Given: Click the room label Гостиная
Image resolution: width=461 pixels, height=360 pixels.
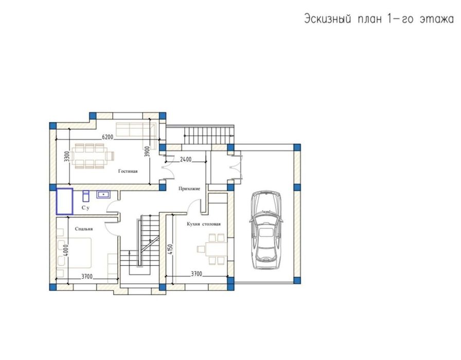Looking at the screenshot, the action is (x=128, y=171).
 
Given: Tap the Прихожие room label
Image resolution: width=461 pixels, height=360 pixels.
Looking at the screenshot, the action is (x=189, y=188).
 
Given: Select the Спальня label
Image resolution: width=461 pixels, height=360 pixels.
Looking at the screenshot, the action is (x=84, y=229).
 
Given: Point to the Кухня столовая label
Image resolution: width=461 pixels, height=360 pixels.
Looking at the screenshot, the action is (x=204, y=224).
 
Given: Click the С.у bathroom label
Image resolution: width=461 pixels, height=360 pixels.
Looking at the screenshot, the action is (x=85, y=208).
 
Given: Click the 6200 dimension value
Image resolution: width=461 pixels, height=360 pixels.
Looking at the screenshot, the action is (x=108, y=137).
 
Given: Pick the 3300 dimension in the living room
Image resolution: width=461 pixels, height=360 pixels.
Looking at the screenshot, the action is (x=67, y=156).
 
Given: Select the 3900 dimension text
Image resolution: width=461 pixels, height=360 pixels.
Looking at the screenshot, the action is (x=148, y=151).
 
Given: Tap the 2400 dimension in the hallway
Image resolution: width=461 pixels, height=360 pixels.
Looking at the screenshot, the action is (x=186, y=159).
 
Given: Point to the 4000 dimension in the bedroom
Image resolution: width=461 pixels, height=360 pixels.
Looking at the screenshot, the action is (x=66, y=250).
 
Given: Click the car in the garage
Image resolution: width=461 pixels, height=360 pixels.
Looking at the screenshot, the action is (x=266, y=230).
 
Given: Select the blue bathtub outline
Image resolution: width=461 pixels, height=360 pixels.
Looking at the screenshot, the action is (x=65, y=201).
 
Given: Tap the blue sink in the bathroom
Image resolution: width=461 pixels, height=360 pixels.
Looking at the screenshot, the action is (x=103, y=195).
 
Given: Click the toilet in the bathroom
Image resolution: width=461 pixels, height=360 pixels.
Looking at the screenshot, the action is (x=85, y=196).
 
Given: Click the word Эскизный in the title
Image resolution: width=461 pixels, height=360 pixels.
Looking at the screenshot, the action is (x=328, y=20).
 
